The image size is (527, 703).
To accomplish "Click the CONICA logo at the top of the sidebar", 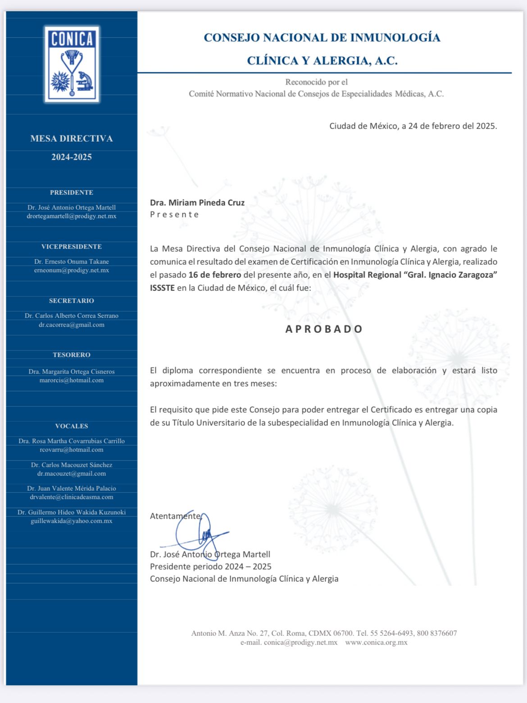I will [72, 64].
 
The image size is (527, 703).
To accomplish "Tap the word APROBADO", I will [324, 329].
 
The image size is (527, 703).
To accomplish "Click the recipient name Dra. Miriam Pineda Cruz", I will [197, 203].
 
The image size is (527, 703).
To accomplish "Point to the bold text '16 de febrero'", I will [215, 275].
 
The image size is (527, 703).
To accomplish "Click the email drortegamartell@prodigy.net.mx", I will [72, 216].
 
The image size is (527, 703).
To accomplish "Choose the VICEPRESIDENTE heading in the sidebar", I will [72, 247].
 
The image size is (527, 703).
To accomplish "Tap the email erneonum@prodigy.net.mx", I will [72, 271].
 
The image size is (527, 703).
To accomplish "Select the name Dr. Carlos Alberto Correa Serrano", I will [72, 316].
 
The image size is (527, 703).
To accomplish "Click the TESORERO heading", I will [72, 355].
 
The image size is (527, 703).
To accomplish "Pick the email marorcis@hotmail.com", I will [72, 381].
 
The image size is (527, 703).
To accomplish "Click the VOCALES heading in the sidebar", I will [72, 426].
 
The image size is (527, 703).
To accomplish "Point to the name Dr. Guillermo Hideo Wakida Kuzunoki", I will [72, 512].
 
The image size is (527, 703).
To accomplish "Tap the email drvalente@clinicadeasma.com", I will [72, 497].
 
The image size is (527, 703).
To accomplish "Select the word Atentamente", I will [175, 516].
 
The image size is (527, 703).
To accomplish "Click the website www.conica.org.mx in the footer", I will [376, 643].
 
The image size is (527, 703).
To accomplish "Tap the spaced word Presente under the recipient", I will [174, 215].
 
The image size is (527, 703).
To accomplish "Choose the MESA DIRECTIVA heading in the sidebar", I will [72, 139].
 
